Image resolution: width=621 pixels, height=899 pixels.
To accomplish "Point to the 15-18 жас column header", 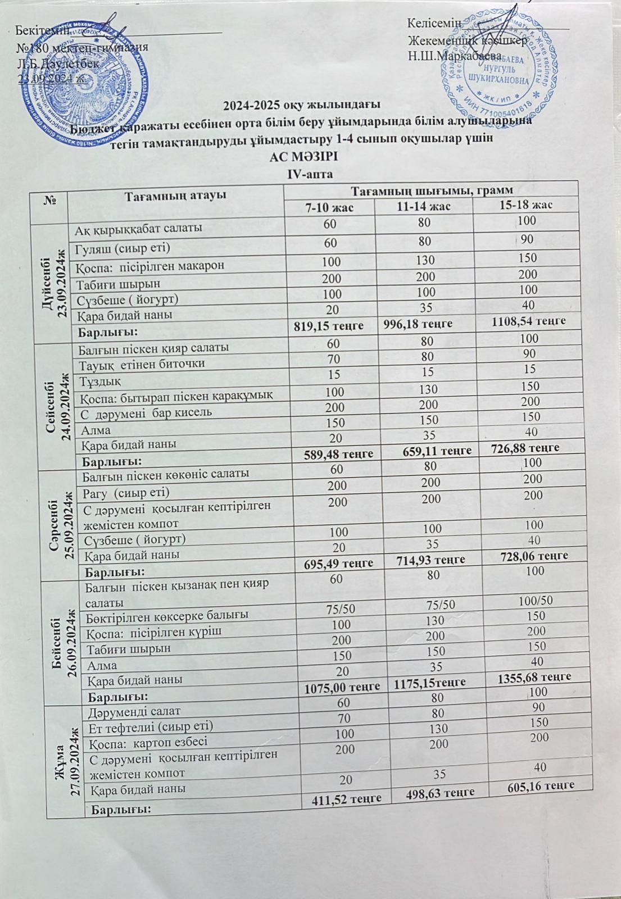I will pos(525,205).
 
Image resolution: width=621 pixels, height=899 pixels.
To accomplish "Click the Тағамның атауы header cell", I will pos(175,195).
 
